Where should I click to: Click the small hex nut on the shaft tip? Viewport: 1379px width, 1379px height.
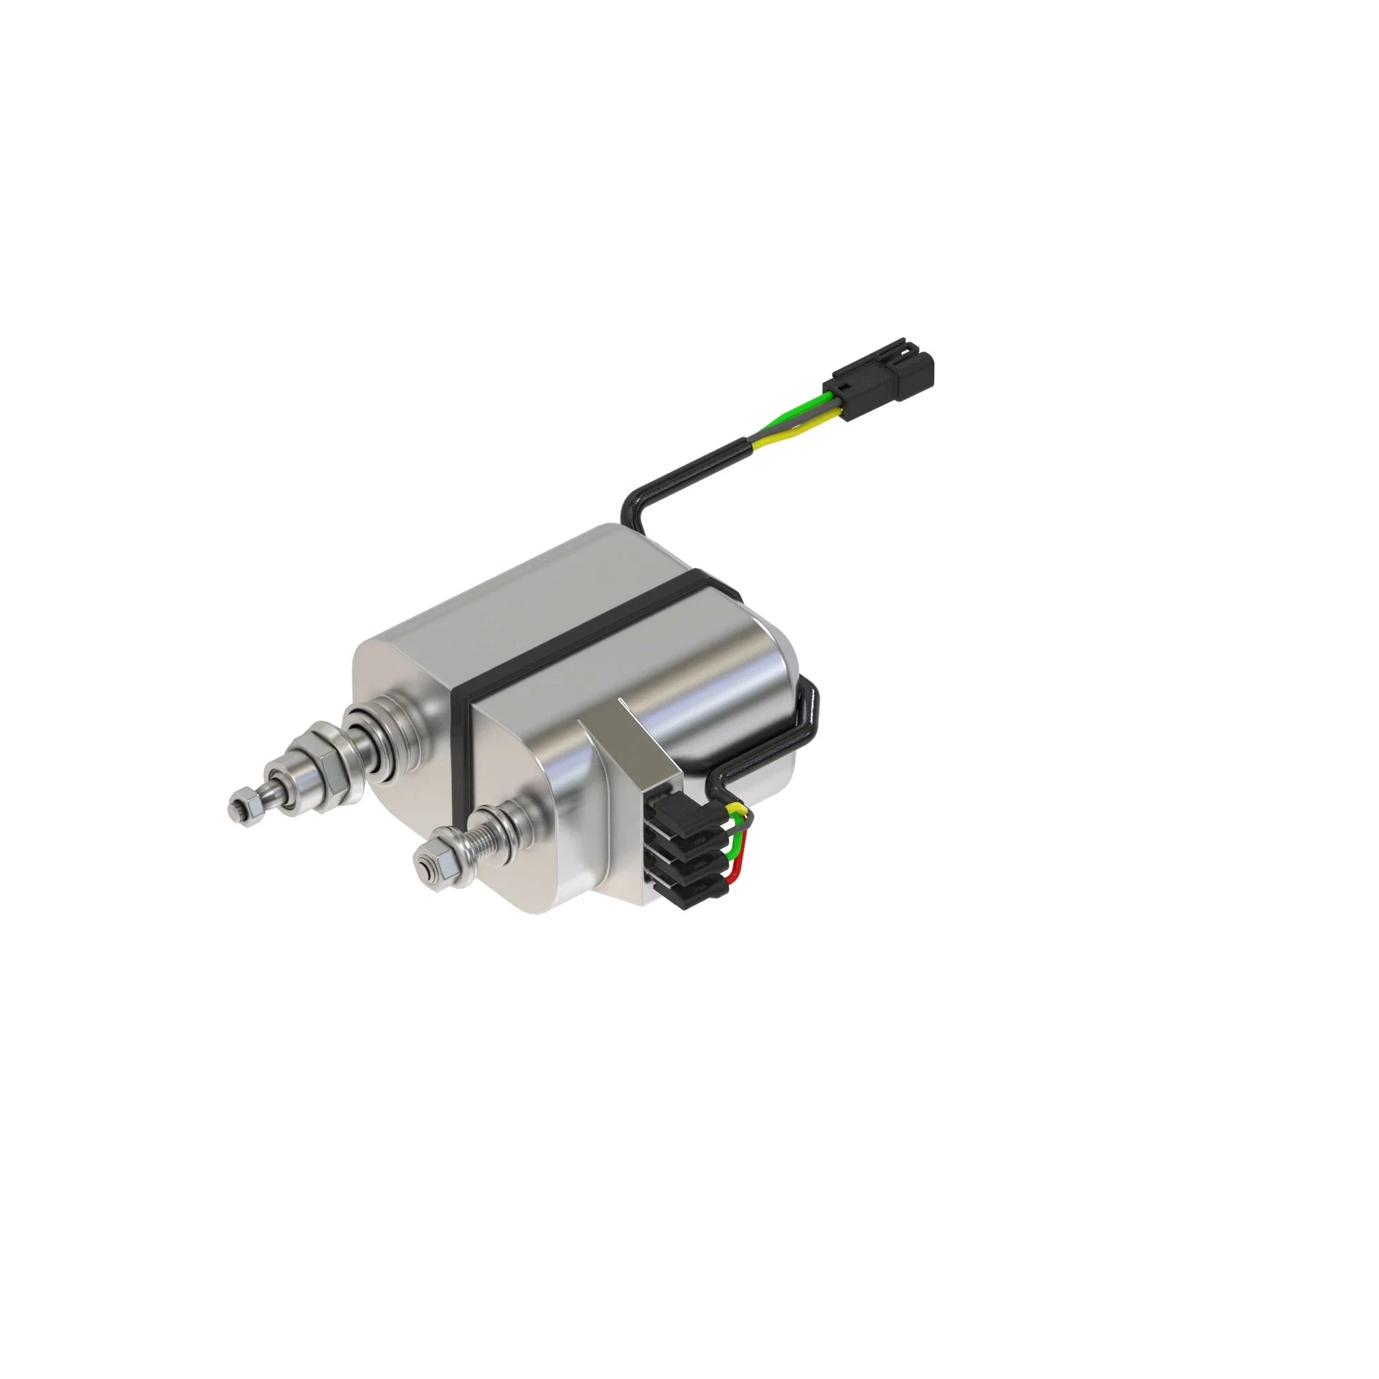click(241, 807)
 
